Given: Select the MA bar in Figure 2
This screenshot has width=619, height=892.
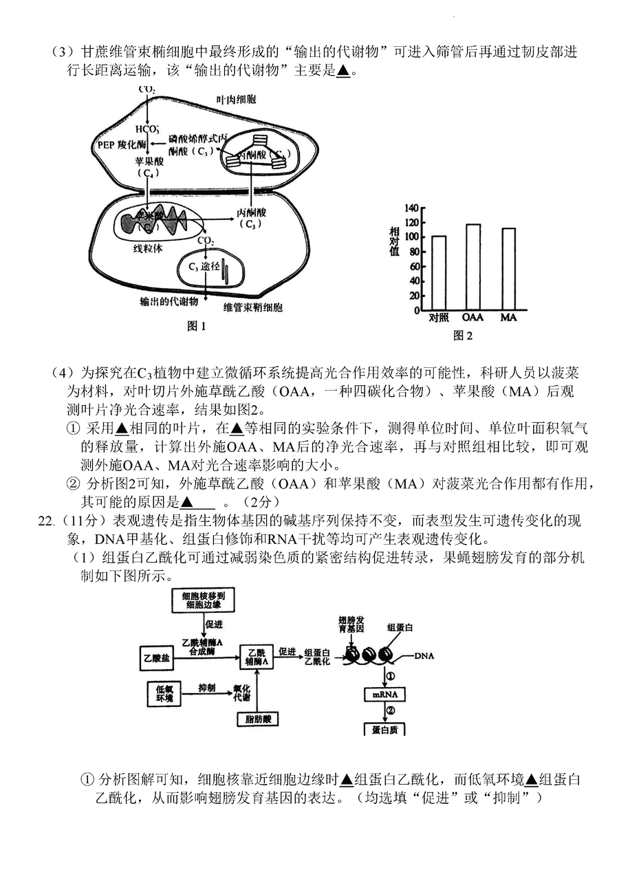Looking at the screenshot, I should (509, 269).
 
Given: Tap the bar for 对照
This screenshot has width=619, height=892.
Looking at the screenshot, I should (438, 273).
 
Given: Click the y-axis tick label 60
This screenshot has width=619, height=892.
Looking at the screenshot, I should (413, 266).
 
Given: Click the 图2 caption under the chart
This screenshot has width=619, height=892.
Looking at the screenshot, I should (463, 336).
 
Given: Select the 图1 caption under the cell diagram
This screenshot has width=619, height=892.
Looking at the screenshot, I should (197, 326).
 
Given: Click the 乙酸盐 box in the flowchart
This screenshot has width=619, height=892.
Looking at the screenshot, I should (155, 658).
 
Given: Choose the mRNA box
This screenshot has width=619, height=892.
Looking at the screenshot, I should (385, 695).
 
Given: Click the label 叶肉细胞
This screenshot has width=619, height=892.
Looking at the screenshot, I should (236, 100).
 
